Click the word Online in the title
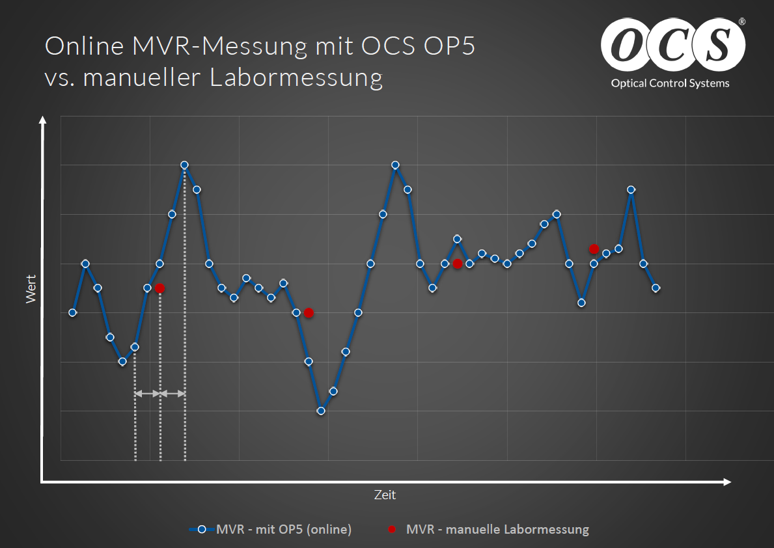coord(85,46)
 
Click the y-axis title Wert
coord(31,289)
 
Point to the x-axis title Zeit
coord(385,495)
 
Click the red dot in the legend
coord(392,529)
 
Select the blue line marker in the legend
coord(201,529)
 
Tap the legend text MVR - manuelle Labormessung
coord(497,529)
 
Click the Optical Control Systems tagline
coord(670,83)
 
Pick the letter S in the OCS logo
coord(718,44)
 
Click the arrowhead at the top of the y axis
coord(43,120)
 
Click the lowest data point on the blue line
coord(321,411)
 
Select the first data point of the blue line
coord(72,312)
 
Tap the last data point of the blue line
coord(656,288)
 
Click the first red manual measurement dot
coord(159,288)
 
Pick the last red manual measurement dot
coord(594,249)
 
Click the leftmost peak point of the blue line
coord(85,264)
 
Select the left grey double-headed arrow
coord(148,394)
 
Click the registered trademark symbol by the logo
coord(742,21)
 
